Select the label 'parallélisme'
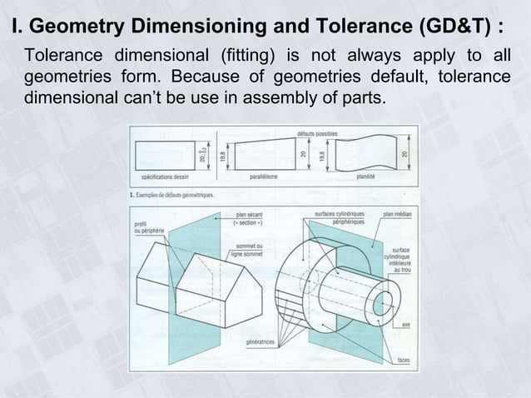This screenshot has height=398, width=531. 265,177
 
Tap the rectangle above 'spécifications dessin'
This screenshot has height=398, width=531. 165,155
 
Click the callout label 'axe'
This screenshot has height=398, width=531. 404,324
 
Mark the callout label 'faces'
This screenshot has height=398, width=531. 402,360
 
